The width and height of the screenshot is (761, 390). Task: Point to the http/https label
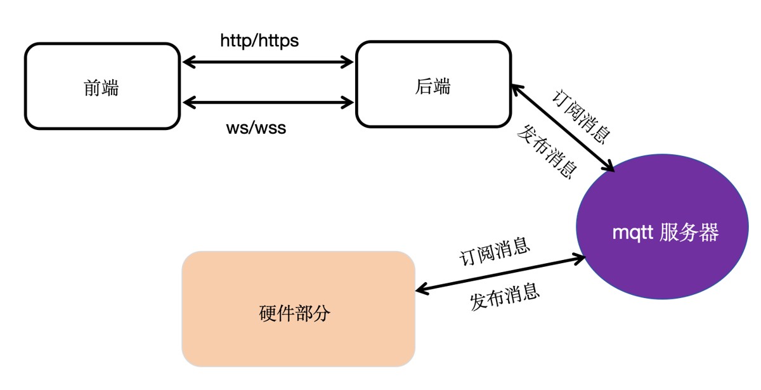259,41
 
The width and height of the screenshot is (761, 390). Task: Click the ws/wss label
256,128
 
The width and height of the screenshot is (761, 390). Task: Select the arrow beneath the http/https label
267,62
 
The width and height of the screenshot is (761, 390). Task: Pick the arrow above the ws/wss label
267,101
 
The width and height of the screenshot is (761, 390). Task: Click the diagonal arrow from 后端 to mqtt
563,127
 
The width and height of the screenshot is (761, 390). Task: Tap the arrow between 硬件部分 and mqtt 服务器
500,275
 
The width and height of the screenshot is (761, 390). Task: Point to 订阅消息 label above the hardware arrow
495,252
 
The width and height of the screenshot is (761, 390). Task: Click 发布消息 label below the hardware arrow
505,296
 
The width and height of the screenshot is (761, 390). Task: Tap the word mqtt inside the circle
632,233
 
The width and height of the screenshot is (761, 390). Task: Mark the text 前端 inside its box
101,88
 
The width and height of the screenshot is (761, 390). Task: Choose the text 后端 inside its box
433,86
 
